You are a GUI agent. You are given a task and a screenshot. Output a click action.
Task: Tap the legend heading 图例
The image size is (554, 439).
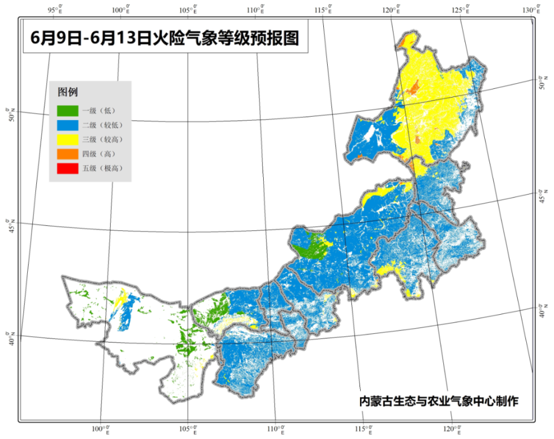[x=68, y=92]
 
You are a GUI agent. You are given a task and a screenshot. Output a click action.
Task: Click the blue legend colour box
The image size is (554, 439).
[x=67, y=124]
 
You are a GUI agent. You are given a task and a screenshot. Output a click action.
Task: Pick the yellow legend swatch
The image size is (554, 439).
[x=67, y=139]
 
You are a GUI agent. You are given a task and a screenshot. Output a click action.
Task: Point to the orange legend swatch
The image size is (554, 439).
[x=67, y=154]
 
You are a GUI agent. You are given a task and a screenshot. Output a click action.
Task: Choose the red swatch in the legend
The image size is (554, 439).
[x=67, y=169]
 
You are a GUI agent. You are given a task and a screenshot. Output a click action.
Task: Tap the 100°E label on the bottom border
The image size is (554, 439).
[x=102, y=430]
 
